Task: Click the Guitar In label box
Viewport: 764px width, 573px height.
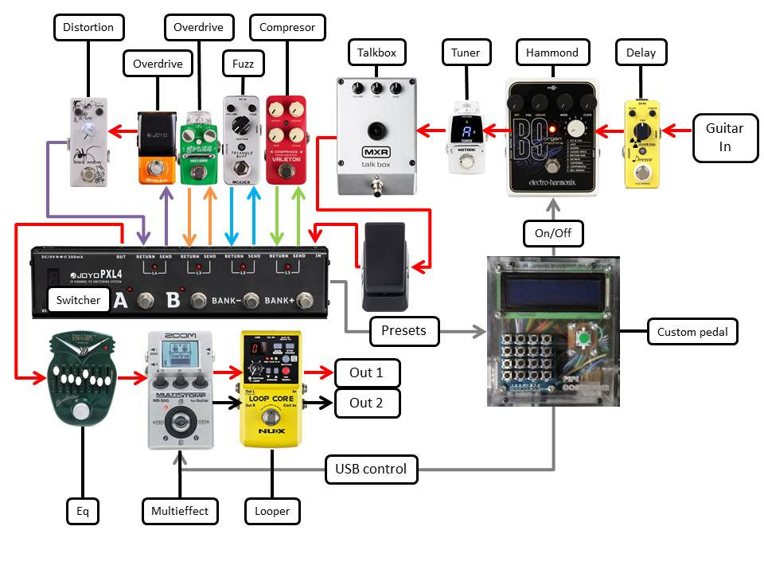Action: click(x=724, y=137)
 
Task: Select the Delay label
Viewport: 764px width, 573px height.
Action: click(x=641, y=53)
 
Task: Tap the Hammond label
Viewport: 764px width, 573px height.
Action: click(x=552, y=53)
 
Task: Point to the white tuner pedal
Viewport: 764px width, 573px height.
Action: click(x=467, y=136)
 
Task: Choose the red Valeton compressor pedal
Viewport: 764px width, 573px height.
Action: click(x=286, y=140)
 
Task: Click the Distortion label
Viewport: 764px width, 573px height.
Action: click(x=88, y=27)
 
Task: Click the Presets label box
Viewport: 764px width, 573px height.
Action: click(x=404, y=330)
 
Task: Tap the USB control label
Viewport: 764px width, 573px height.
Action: click(x=371, y=469)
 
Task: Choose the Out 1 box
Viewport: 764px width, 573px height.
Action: click(x=366, y=372)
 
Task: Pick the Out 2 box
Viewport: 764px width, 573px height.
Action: click(x=366, y=403)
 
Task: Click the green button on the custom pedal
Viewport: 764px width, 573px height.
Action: click(x=584, y=341)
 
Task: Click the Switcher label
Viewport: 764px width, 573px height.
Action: click(x=78, y=300)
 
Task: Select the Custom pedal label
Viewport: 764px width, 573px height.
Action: click(x=692, y=332)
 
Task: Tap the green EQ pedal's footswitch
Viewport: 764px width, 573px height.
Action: click(x=81, y=411)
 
